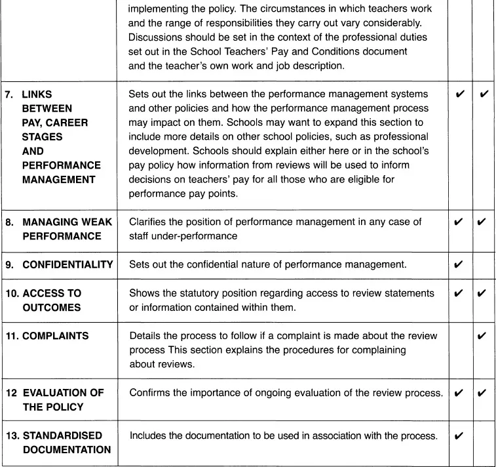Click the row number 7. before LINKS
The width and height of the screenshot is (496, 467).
point(9,94)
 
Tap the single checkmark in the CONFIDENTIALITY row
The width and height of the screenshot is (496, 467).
point(459,265)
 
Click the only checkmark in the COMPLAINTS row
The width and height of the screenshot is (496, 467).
point(482,336)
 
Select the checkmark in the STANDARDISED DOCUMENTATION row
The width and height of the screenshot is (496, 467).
point(459,436)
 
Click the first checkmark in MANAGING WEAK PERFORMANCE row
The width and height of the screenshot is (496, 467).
point(459,222)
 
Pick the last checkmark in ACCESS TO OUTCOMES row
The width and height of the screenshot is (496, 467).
point(482,293)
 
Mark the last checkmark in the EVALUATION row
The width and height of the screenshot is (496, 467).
point(482,393)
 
